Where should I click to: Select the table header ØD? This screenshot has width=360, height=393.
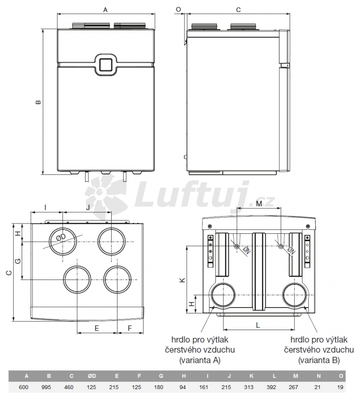[x=92, y=376]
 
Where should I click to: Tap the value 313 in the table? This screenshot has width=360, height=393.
[x=249, y=387]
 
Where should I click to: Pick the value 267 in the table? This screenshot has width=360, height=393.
[x=293, y=387]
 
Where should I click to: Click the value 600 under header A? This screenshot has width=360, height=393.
[x=24, y=387]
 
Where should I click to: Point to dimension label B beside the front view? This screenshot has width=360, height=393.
[x=38, y=102]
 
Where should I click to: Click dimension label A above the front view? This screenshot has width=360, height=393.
[x=105, y=10]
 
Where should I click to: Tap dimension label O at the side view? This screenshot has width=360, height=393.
[x=179, y=9]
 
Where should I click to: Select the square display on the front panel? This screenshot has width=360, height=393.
[x=106, y=64]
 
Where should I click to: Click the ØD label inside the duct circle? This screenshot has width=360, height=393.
[x=60, y=237]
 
